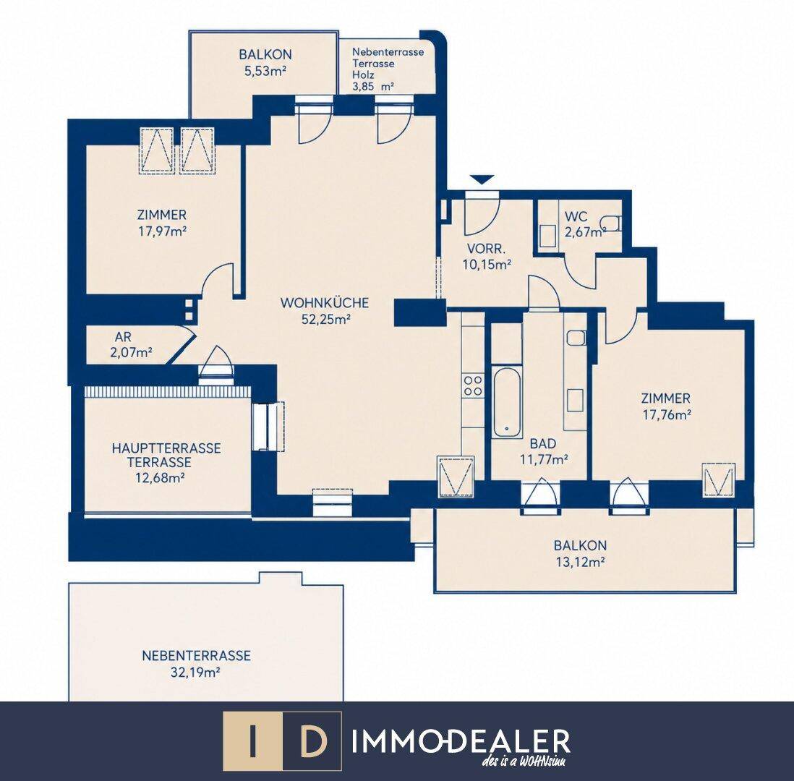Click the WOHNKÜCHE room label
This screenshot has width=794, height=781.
[325, 303]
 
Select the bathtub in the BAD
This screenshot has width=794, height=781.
[507, 402]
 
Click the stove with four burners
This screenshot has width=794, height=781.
[474, 385]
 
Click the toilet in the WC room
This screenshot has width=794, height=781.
[611, 223]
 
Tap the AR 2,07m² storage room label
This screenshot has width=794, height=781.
[131, 344]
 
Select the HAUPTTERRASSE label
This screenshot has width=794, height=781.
[166, 448]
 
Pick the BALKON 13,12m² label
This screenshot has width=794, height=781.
[580, 554]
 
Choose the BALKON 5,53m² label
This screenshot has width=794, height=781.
[265, 62]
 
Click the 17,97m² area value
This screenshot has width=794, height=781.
[162, 231]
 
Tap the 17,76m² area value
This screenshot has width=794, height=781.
[667, 415]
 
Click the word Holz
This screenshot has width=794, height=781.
[363, 75]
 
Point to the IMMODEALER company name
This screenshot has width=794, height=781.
[461, 741]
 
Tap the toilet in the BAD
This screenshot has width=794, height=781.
[576, 338]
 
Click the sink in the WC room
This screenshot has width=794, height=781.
[547, 236]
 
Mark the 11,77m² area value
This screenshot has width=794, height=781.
[543, 459]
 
